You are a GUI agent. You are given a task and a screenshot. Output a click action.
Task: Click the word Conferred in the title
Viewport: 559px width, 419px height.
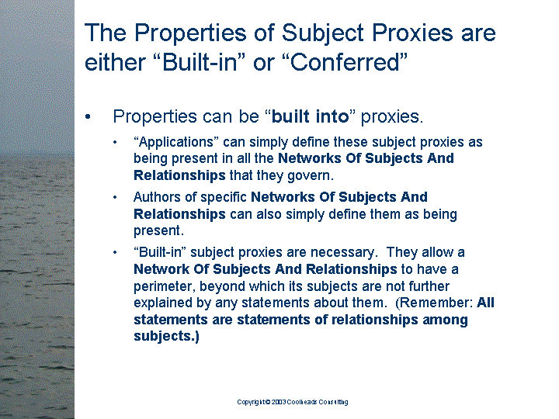(x=345, y=62)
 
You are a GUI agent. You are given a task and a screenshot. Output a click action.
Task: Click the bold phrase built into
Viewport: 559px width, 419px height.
(x=310, y=116)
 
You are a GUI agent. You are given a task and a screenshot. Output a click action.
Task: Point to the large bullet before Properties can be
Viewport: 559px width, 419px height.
(x=88, y=116)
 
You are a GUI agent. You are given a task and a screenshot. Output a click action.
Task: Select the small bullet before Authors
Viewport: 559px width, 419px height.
(x=115, y=197)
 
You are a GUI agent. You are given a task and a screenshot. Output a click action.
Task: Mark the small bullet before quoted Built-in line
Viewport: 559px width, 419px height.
(x=115, y=252)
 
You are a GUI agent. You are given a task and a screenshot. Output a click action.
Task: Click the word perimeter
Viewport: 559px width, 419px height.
(x=164, y=286)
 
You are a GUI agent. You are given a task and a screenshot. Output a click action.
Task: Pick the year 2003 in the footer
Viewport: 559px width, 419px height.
(x=279, y=402)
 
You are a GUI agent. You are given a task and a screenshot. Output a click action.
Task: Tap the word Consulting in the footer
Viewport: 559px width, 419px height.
(x=333, y=402)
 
